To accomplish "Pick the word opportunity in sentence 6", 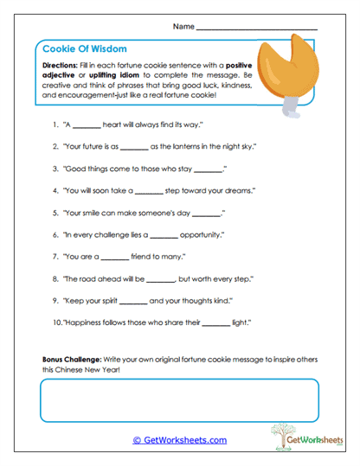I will pyautogui.click(x=201, y=235).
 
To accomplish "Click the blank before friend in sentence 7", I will pyautogui.click(x=115, y=257).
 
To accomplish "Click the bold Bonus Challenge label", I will pyautogui.click(x=72, y=358).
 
